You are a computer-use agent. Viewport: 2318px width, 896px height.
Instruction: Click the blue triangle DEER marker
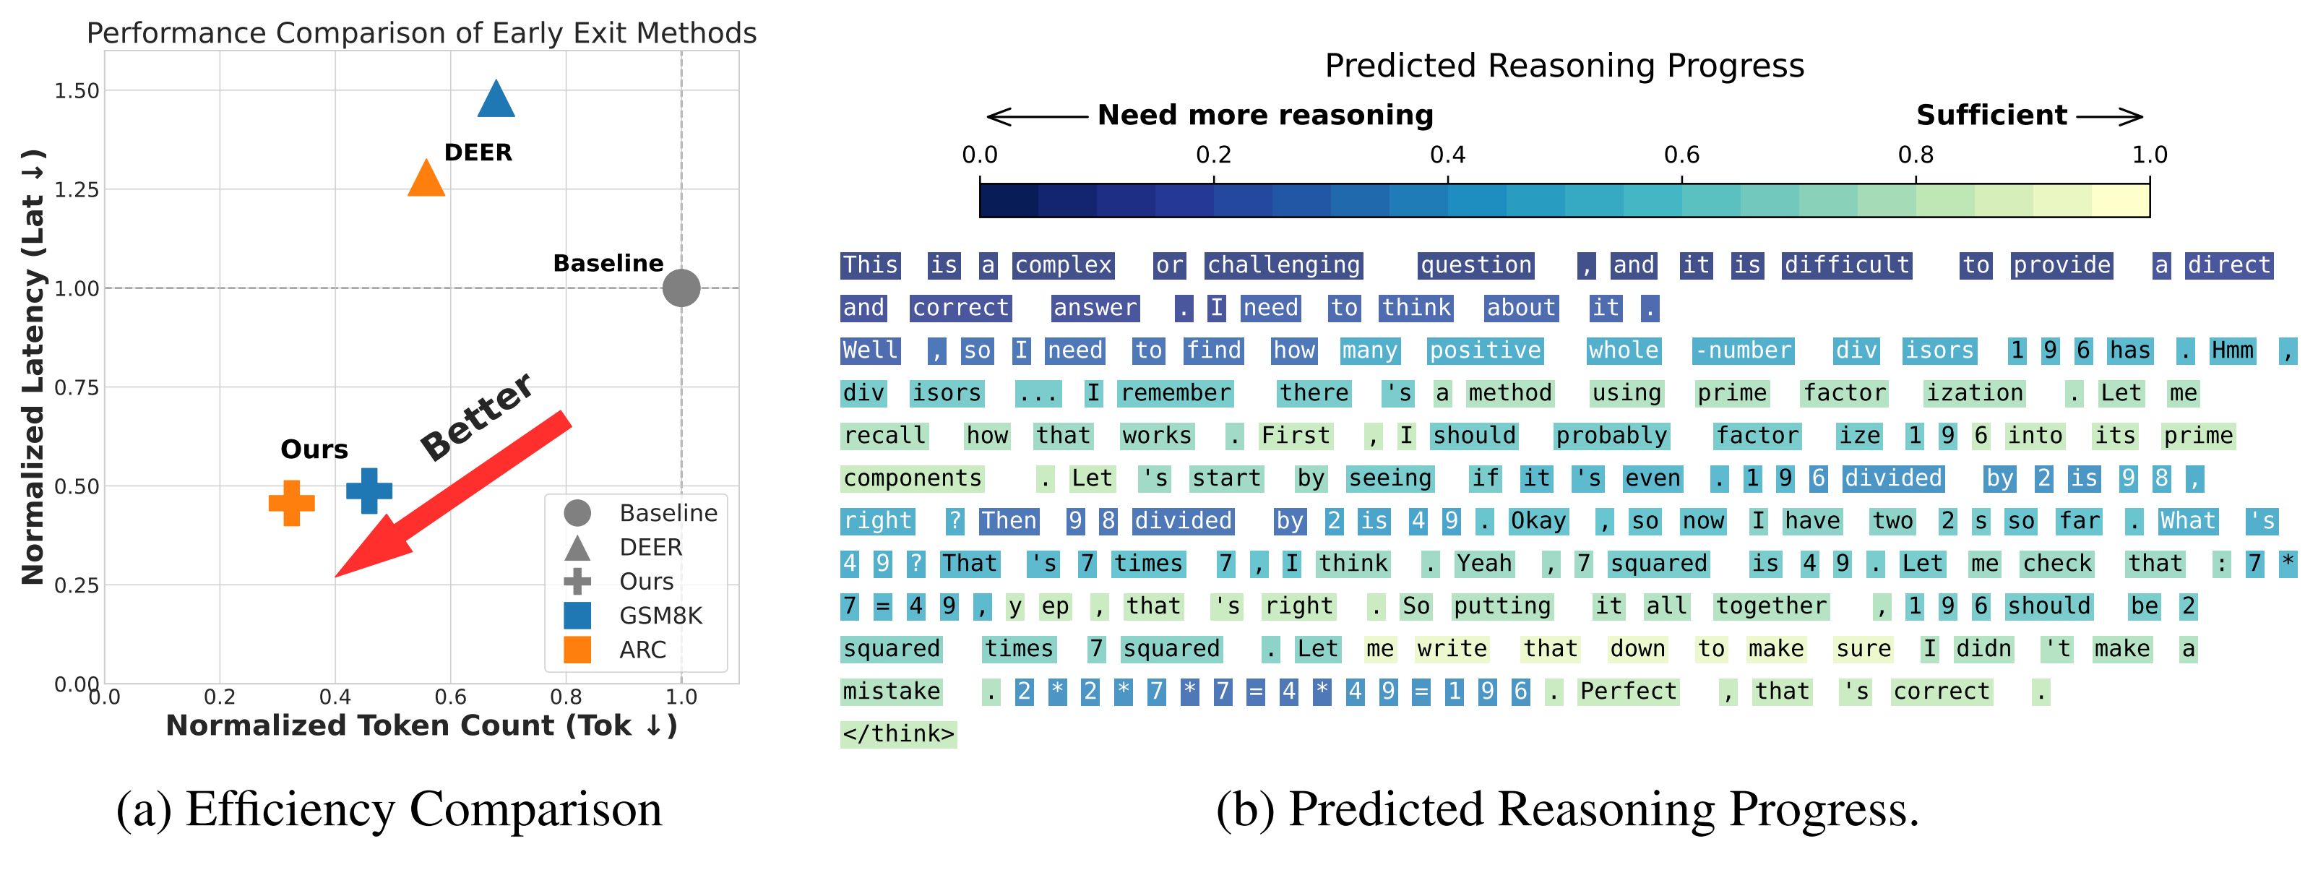(496, 100)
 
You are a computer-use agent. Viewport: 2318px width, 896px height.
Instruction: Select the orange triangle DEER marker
(426, 180)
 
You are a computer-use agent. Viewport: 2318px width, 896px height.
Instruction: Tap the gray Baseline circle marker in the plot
(681, 288)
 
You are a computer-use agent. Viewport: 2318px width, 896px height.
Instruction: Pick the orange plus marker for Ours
(291, 503)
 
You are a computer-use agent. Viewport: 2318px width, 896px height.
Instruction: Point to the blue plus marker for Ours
(369, 491)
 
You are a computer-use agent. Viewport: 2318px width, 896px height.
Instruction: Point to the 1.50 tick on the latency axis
(77, 91)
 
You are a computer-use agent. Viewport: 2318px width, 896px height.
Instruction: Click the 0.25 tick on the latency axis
(77, 585)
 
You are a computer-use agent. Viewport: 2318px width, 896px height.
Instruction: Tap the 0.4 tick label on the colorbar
(1447, 155)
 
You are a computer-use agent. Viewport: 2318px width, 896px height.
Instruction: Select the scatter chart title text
(421, 33)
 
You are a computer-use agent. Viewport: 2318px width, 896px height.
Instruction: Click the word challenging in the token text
(1283, 265)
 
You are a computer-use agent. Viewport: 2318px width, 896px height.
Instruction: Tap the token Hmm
(2233, 351)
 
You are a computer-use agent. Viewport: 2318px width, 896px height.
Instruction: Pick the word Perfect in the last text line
(1628, 692)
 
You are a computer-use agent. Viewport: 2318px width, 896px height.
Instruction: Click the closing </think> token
(898, 734)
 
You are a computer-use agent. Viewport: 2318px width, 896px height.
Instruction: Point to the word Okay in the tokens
(1538, 521)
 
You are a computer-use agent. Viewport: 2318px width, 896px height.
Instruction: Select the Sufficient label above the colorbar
(1991, 115)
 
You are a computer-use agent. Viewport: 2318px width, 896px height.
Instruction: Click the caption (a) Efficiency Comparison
(389, 809)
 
